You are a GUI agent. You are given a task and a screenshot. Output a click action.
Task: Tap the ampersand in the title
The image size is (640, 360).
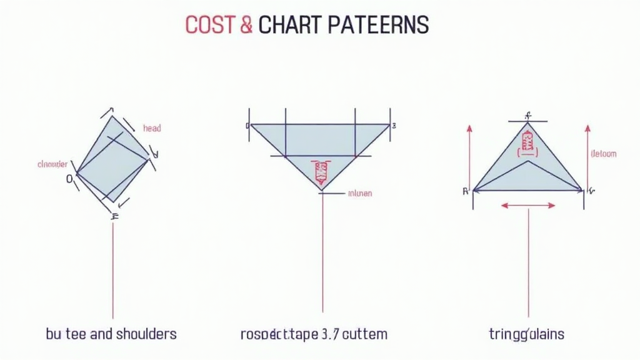[246, 24]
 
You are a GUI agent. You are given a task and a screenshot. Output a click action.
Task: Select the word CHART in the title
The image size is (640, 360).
[291, 24]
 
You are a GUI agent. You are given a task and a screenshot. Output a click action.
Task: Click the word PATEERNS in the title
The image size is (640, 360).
[379, 24]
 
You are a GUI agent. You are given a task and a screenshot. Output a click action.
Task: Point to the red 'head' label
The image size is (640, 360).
[152, 128]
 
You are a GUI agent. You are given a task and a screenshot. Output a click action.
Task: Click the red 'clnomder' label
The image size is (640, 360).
[52, 164]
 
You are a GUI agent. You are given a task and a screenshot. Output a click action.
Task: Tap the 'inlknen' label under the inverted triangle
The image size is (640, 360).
[359, 193]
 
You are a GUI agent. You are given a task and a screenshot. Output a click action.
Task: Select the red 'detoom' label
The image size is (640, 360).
[603, 153]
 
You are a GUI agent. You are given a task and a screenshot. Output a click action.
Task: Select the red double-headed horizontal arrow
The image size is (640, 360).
[528, 204]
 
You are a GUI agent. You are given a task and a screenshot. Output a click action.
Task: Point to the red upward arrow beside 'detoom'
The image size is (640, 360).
[587, 156]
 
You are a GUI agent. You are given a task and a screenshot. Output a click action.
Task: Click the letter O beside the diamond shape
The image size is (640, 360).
[69, 179]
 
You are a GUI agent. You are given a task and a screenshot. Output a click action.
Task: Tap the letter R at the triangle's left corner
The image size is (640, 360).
[466, 191]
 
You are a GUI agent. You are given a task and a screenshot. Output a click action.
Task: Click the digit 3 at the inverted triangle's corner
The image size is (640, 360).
[394, 126]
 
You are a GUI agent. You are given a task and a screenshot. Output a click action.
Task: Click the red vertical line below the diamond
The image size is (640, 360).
[112, 269]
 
